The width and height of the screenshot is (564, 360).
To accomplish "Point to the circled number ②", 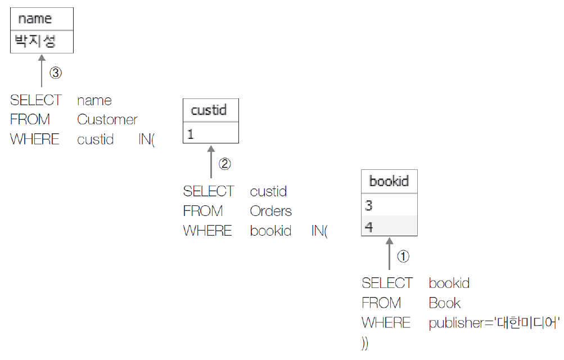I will click(x=224, y=164).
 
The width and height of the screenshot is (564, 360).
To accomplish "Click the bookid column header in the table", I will click(x=389, y=181).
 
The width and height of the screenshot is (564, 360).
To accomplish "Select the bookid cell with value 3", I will click(x=389, y=205).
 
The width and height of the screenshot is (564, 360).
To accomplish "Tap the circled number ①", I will click(x=403, y=256).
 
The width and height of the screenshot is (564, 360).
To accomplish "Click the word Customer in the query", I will click(x=107, y=120).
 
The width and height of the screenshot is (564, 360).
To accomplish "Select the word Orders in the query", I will click(x=271, y=211).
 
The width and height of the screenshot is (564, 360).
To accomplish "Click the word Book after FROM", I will click(x=444, y=303).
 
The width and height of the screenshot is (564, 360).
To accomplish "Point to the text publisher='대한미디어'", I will click(x=494, y=323).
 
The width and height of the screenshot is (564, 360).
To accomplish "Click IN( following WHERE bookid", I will click(x=319, y=231).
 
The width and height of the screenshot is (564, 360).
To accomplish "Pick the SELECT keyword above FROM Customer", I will click(x=36, y=100).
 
